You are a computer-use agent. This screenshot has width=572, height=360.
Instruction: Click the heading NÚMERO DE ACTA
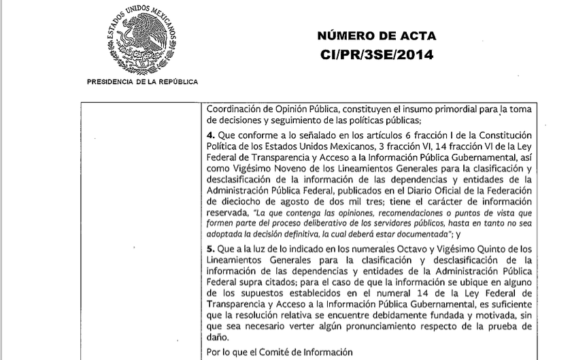click(376, 36)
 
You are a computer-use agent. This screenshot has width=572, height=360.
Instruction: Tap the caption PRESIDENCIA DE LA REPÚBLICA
click(143, 82)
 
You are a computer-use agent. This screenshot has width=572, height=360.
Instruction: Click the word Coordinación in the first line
click(235, 109)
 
